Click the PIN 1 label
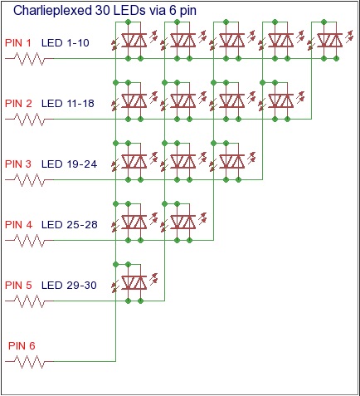[18, 43]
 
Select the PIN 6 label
[22, 345]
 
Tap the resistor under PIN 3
[29, 180]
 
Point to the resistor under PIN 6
[29, 362]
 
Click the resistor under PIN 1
[29, 59]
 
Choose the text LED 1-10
[66, 43]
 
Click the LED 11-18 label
[68, 104]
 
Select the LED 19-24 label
[69, 164]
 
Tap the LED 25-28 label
[70, 225]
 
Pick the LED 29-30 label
[69, 286]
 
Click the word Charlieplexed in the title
[52, 11]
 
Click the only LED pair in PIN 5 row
[134, 282]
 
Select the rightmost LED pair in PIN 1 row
[330, 40]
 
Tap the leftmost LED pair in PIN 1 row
[134, 40]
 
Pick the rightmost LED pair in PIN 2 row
[281, 100]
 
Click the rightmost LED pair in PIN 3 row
[232, 161]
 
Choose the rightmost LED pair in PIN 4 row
[183, 222]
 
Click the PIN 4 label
[18, 225]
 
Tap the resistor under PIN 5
[29, 301]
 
